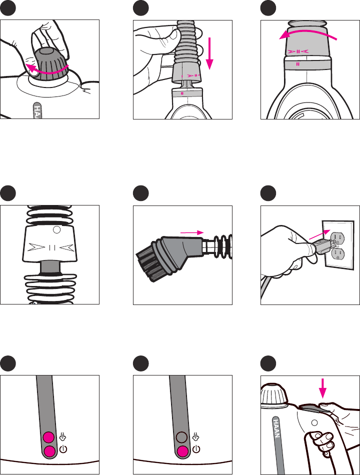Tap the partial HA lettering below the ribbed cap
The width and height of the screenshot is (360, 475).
[x=37, y=110]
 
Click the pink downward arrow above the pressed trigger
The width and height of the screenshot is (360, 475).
[x=322, y=388]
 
